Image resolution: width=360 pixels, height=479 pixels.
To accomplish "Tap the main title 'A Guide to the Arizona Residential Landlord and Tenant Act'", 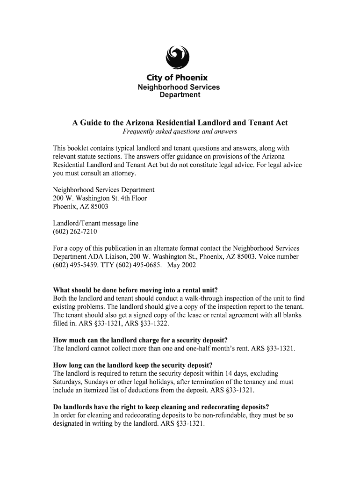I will tap(180, 123).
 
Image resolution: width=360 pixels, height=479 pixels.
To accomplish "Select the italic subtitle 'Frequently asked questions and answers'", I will tap(180, 132).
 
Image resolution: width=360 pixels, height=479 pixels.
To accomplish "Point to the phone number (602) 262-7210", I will tap(75, 232).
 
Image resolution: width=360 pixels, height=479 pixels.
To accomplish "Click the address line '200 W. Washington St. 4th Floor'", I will tap(100, 198).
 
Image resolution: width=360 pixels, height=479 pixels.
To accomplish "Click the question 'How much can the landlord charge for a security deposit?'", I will tap(143, 340).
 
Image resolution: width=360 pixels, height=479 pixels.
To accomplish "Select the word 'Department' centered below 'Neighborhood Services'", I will tap(180, 95).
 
